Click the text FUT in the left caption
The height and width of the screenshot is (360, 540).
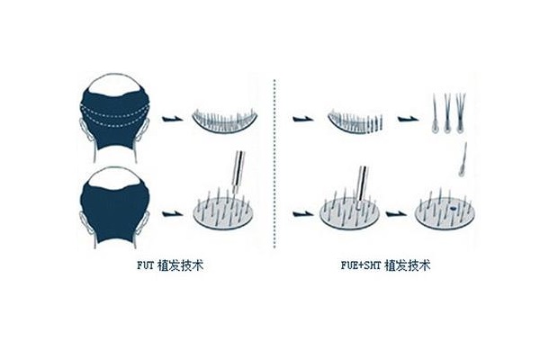(x=145, y=265)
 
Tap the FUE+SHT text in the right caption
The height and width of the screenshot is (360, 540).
(x=361, y=265)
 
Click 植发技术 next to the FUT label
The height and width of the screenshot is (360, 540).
(x=181, y=265)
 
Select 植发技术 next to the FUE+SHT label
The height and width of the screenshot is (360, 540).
(x=408, y=265)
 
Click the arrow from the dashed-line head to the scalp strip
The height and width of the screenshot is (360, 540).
(x=172, y=119)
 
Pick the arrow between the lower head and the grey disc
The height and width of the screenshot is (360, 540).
(x=172, y=214)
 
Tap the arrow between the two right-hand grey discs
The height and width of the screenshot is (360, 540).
(x=396, y=214)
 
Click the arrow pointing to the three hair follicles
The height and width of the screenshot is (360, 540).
(x=408, y=119)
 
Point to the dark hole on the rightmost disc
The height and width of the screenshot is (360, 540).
(x=453, y=208)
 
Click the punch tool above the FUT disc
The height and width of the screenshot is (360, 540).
(x=238, y=172)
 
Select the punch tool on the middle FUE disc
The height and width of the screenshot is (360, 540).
(x=362, y=186)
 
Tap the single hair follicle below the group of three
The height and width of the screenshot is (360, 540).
(x=463, y=160)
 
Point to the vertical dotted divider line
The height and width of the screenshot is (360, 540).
(x=274, y=164)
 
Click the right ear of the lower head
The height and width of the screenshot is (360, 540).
(x=144, y=223)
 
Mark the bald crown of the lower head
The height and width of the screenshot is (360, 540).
(x=114, y=178)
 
